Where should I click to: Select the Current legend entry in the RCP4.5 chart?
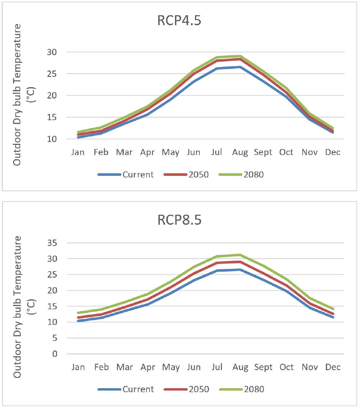[x=137, y=175]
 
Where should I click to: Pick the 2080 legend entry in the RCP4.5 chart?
[x=254, y=175]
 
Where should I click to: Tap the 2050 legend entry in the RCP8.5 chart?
[x=198, y=389]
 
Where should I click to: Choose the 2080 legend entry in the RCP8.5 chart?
[x=254, y=389]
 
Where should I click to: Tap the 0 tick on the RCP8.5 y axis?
[x=57, y=354]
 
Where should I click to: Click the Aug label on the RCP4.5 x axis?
[x=240, y=153]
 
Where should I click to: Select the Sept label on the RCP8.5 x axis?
[x=263, y=367]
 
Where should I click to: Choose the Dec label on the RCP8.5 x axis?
[x=333, y=367]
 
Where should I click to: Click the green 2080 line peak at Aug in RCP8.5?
[x=240, y=255]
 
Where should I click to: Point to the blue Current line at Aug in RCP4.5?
[x=240, y=67]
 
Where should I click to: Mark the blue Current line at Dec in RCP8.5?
[x=333, y=317]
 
